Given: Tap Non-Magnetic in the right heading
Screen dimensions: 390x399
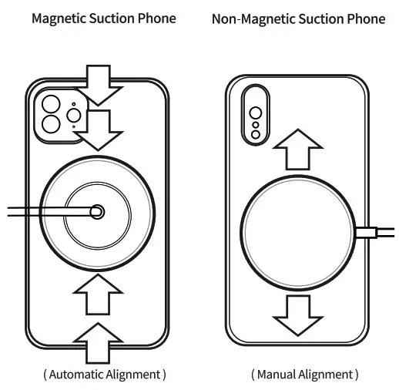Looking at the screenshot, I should (248, 18).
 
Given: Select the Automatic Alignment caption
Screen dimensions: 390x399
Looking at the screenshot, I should (104, 375).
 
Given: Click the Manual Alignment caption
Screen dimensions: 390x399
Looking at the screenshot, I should (304, 375).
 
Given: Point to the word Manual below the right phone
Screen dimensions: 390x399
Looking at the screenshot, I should (276, 375).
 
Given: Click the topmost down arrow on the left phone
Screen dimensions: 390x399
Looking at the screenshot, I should (102, 85).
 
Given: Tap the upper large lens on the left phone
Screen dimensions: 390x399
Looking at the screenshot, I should (52, 105).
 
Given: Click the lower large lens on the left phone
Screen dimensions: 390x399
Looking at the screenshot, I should (52, 125).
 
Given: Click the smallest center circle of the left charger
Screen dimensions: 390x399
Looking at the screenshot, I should (96, 210).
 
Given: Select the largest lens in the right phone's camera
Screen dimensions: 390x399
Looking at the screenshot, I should (256, 98).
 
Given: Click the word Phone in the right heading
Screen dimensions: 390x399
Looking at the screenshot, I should (367, 18).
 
